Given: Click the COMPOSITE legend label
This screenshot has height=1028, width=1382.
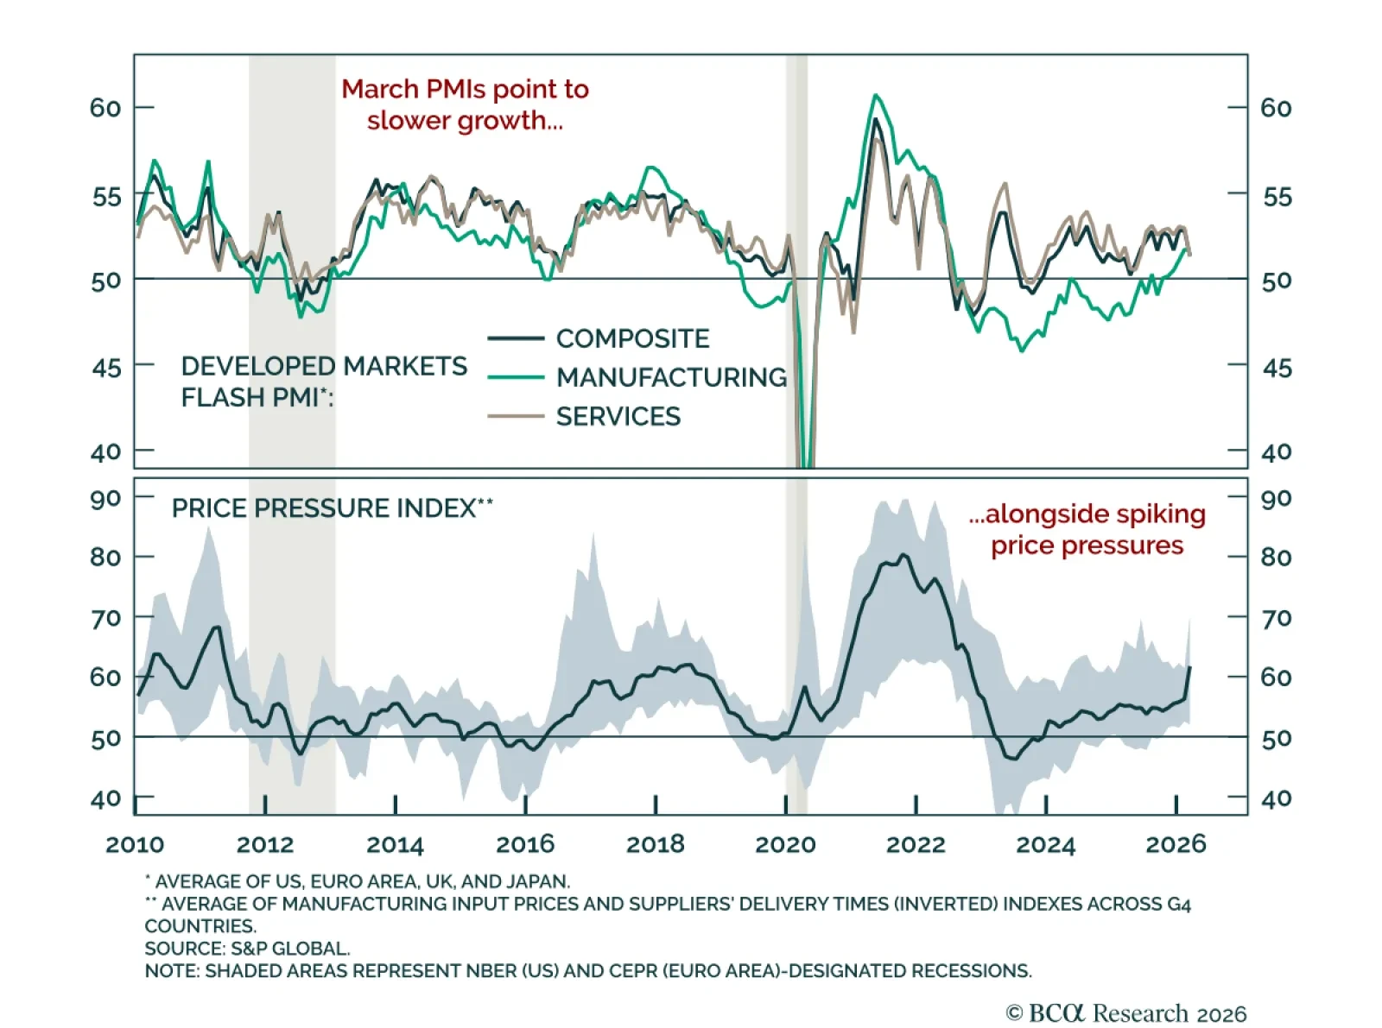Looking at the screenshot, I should tap(632, 338).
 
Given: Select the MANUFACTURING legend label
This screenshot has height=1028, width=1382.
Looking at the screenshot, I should tap(671, 377).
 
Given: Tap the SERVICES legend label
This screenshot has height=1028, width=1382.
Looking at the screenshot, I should tap(618, 416).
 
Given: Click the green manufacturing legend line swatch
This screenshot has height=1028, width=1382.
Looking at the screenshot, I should tap(516, 377).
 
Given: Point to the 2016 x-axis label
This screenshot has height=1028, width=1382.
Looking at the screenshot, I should tap(525, 844).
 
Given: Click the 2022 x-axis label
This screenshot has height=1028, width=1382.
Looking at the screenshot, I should tap(916, 844).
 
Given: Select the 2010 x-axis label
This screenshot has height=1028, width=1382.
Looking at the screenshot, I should tap(135, 844).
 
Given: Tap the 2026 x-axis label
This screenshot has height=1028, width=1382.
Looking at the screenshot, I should tap(1176, 844).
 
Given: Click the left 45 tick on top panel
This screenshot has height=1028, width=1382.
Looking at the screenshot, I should tap(107, 368).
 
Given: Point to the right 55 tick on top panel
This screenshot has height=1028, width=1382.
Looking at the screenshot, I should tap(1277, 197).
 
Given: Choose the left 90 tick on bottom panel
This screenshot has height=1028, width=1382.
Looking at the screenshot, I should tap(105, 498).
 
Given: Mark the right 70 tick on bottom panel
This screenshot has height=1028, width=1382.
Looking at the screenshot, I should tap(1277, 618).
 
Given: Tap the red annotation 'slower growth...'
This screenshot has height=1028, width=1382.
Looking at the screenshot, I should tap(465, 120).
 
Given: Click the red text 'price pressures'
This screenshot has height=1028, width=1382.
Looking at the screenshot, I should tap(1087, 546).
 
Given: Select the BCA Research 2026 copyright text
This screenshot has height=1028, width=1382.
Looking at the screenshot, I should tap(1126, 1012).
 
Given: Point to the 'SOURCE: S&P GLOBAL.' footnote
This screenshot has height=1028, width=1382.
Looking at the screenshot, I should tap(247, 949).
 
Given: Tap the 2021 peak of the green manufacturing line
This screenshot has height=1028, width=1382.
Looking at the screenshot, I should tap(875, 95).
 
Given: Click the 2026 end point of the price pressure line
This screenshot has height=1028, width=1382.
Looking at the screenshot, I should tap(1190, 666).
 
